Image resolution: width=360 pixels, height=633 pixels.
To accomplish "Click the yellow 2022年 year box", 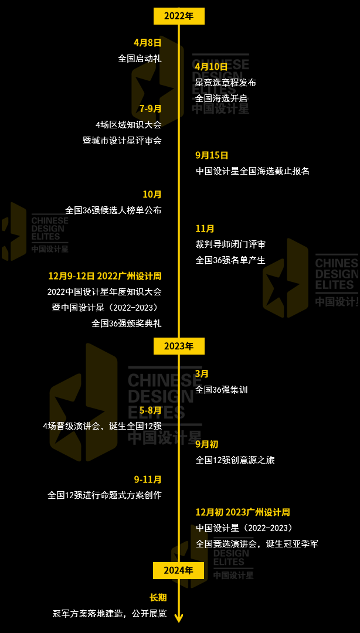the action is point(179,16).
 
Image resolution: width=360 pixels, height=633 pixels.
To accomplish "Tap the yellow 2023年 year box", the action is point(179,346).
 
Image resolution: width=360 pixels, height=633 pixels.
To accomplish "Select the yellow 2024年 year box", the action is point(179,570).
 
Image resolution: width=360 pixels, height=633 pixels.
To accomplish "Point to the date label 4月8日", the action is point(147,43).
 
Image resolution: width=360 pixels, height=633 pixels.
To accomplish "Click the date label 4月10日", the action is point(212,67).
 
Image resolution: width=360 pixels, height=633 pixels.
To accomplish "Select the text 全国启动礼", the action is point(140,58).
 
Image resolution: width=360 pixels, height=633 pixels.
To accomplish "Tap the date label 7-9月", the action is point(150,108).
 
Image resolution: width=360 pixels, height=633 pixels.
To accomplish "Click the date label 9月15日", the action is point(212,155).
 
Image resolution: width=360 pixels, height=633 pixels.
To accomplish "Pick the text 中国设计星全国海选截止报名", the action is point(252,171).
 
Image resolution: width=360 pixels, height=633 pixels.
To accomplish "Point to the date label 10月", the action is point(152,194).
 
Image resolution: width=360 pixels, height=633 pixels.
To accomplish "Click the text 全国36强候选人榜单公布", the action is point(113,210).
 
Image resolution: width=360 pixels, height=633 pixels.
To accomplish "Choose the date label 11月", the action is point(205,229).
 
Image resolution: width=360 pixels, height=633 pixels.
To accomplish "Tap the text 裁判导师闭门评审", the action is point(230,244).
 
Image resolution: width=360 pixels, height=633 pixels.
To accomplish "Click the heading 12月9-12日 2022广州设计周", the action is point(104,275).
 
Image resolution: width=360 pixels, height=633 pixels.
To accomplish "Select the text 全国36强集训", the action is point(222,389).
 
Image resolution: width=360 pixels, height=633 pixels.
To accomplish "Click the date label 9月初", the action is point(206,444).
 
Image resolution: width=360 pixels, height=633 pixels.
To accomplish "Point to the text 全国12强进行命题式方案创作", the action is point(104,495).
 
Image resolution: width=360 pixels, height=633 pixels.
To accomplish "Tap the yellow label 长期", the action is point(158,598).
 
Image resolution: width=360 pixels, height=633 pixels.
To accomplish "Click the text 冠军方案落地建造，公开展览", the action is point(110,614).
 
